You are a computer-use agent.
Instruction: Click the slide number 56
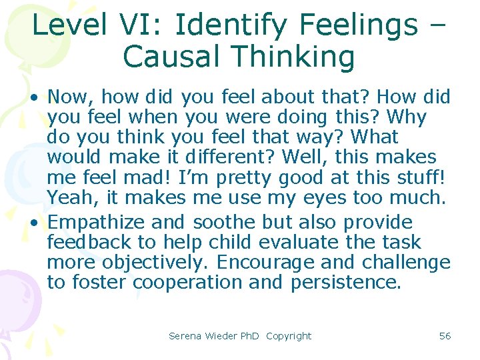[445, 336]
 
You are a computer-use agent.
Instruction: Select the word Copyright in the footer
[289, 336]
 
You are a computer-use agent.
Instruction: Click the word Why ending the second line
[405, 118]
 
